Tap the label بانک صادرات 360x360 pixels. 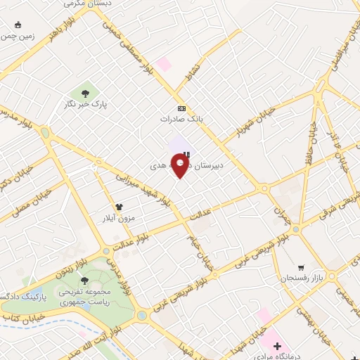pos(186,119)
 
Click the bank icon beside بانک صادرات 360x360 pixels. pos(182,108)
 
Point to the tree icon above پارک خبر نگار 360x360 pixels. pos(85,92)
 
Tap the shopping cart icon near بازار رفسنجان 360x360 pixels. pos(301,268)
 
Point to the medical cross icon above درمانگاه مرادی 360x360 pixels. pos(278,346)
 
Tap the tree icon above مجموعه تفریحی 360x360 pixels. pos(85,280)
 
